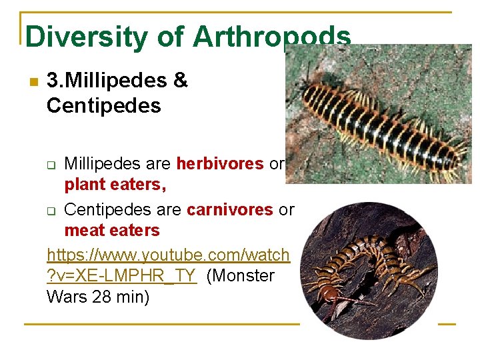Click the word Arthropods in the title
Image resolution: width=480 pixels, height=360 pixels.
(x=271, y=37)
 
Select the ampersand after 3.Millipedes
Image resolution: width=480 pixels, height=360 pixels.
(x=180, y=81)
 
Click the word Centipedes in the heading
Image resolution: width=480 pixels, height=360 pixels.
(x=104, y=105)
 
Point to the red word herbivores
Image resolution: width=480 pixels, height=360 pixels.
(x=220, y=164)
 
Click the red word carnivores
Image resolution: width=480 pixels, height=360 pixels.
(x=230, y=209)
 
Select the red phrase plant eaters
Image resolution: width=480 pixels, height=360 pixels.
(x=115, y=185)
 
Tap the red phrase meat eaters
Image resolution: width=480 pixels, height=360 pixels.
(x=112, y=231)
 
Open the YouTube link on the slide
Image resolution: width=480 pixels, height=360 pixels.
(x=168, y=255)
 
